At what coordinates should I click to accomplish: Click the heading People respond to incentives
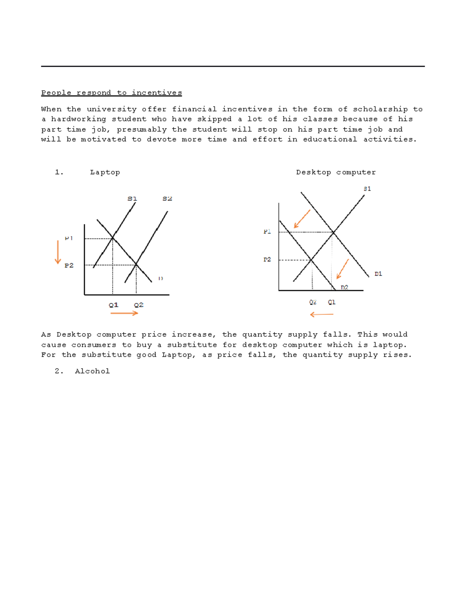[x=111, y=93]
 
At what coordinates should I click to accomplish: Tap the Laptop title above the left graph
[x=105, y=172]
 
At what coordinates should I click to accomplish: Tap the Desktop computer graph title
[x=336, y=172]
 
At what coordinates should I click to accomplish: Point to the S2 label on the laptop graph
[x=167, y=199]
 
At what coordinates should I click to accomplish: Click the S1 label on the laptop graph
[x=132, y=199]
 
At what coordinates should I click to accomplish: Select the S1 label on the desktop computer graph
[x=367, y=189]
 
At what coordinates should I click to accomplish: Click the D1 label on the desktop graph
[x=378, y=274]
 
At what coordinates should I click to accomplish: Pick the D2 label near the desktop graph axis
[x=344, y=287]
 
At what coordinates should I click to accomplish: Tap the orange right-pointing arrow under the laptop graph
[x=124, y=313]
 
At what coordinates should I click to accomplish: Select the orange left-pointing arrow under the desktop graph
[x=322, y=315]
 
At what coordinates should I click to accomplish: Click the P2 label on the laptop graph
[x=69, y=266]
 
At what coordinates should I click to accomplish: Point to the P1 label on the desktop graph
[x=267, y=232]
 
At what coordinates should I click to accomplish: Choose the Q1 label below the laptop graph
[x=113, y=305]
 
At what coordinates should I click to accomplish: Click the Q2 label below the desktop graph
[x=313, y=302]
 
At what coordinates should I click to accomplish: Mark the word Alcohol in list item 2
[x=92, y=371]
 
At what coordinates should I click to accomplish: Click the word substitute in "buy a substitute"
[x=192, y=345]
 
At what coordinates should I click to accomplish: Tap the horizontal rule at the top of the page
[x=233, y=66]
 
